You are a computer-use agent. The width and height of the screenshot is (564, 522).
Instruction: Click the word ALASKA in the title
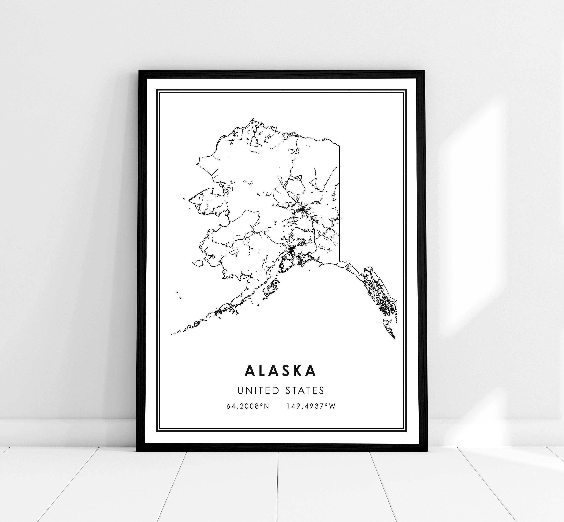click(x=280, y=371)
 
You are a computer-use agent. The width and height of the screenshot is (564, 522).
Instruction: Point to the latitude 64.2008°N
click(x=248, y=406)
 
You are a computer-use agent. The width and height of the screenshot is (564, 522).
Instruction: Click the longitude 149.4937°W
click(x=311, y=406)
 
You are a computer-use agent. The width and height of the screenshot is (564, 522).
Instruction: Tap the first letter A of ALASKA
click(x=250, y=371)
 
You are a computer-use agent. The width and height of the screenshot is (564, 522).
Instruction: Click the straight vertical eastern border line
click(x=339, y=198)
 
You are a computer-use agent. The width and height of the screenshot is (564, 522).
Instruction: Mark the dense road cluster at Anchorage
click(x=291, y=249)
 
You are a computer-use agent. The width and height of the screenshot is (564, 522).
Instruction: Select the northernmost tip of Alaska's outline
click(x=252, y=120)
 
